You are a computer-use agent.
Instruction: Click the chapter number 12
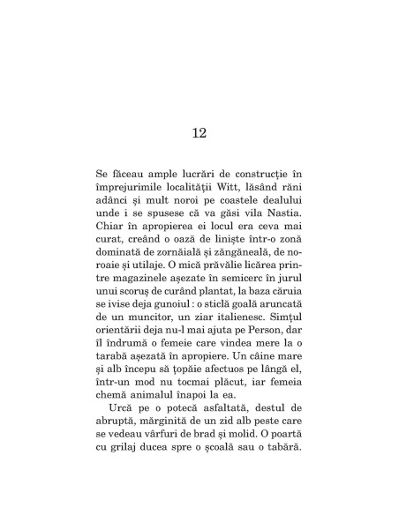(199, 133)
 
